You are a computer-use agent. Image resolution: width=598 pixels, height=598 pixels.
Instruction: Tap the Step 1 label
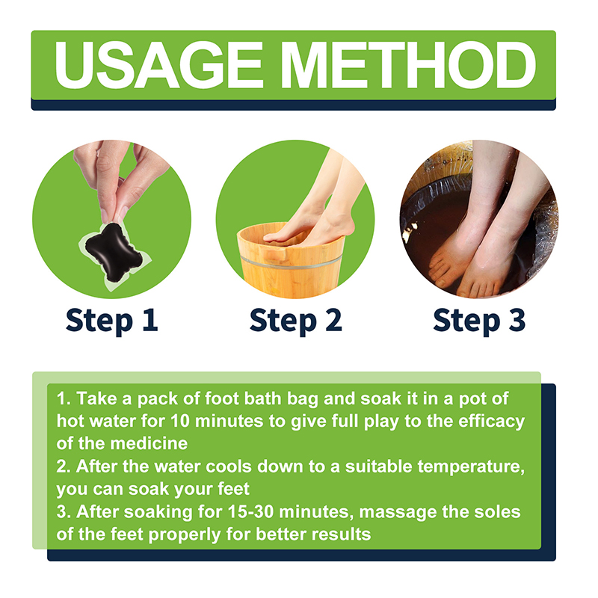coord(111,321)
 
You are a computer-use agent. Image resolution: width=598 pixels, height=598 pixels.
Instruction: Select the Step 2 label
coord(295,321)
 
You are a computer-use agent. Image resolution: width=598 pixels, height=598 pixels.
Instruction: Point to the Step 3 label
coord(479,321)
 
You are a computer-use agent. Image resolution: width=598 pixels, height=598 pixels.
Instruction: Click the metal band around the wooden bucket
coord(291,262)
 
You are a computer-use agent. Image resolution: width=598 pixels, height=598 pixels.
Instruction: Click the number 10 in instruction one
coord(179,421)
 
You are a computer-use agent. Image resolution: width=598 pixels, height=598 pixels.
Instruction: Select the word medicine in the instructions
coord(149,443)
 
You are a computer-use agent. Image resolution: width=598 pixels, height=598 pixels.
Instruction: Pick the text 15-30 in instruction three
coord(250,511)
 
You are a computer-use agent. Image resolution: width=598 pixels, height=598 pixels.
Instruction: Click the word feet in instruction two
coord(233,489)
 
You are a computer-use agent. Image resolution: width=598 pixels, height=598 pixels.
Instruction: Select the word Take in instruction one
coord(97,398)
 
